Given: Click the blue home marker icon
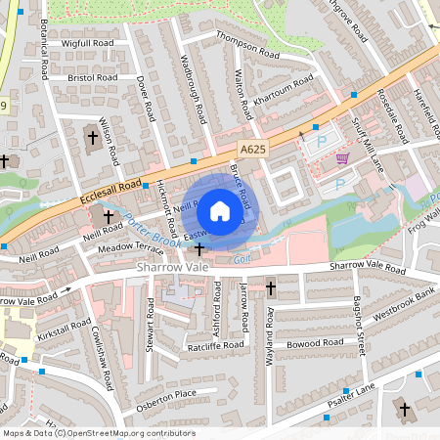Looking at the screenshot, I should (220, 210).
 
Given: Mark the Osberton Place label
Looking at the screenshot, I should (172, 394).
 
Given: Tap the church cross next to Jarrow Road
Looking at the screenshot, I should (270, 288).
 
